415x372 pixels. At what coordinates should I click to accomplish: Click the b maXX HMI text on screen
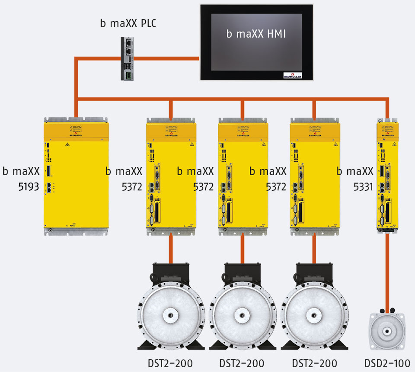point(256,34)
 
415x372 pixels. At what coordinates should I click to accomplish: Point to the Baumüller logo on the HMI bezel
point(292,74)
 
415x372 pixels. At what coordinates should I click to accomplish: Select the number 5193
point(29,187)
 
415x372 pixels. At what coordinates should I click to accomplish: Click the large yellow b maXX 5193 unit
point(76,177)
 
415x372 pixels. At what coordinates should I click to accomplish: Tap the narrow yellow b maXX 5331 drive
point(387,177)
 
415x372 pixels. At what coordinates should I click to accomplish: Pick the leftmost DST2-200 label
point(169,362)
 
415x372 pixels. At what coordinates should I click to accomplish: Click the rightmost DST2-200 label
point(314,362)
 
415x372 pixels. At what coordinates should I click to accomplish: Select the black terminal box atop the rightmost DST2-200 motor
point(314,272)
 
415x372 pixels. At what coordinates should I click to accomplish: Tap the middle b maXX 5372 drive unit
point(243,177)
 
